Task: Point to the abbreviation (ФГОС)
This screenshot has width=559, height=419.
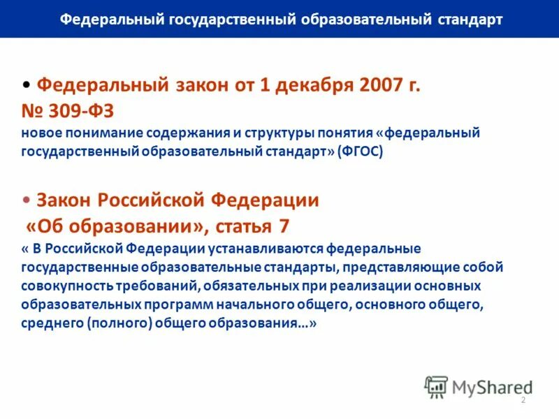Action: pos(360,152)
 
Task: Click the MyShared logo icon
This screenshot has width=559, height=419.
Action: pos(436,386)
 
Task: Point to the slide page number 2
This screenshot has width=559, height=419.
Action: pos(523,399)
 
